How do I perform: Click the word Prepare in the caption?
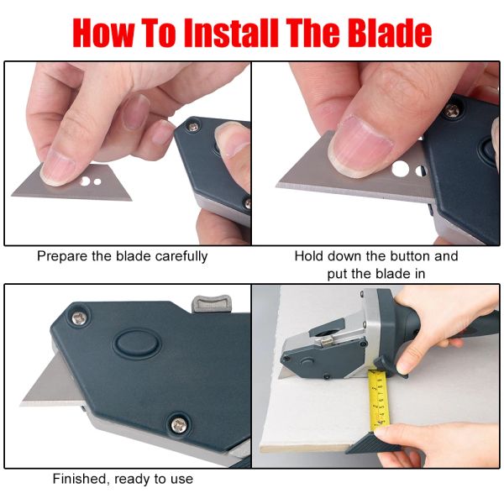[x=63, y=256]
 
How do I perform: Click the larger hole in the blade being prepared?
[x=86, y=179]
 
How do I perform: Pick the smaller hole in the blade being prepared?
[x=98, y=181]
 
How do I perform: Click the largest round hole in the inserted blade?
[x=400, y=169]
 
